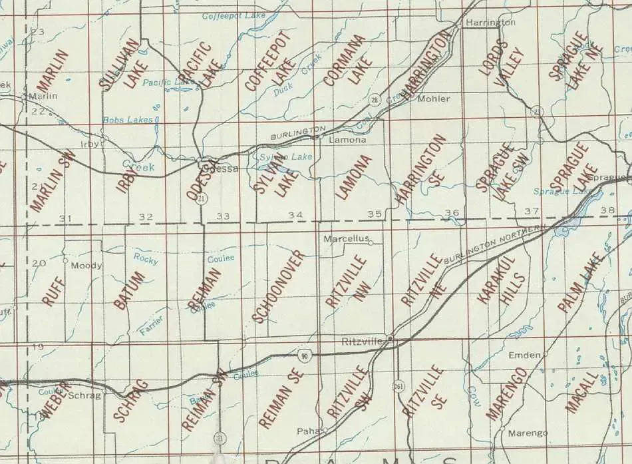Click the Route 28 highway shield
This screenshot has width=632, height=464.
(x=375, y=99)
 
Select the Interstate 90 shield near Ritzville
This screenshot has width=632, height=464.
(x=304, y=358)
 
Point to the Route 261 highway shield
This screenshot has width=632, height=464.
(x=398, y=388)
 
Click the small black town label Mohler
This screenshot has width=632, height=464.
(x=434, y=99)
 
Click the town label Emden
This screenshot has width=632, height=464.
(x=524, y=355)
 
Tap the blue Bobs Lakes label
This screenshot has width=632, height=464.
(x=128, y=120)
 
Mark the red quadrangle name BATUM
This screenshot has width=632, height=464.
(x=129, y=290)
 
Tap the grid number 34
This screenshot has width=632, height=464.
(x=295, y=214)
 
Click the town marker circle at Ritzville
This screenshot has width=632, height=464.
(x=390, y=339)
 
